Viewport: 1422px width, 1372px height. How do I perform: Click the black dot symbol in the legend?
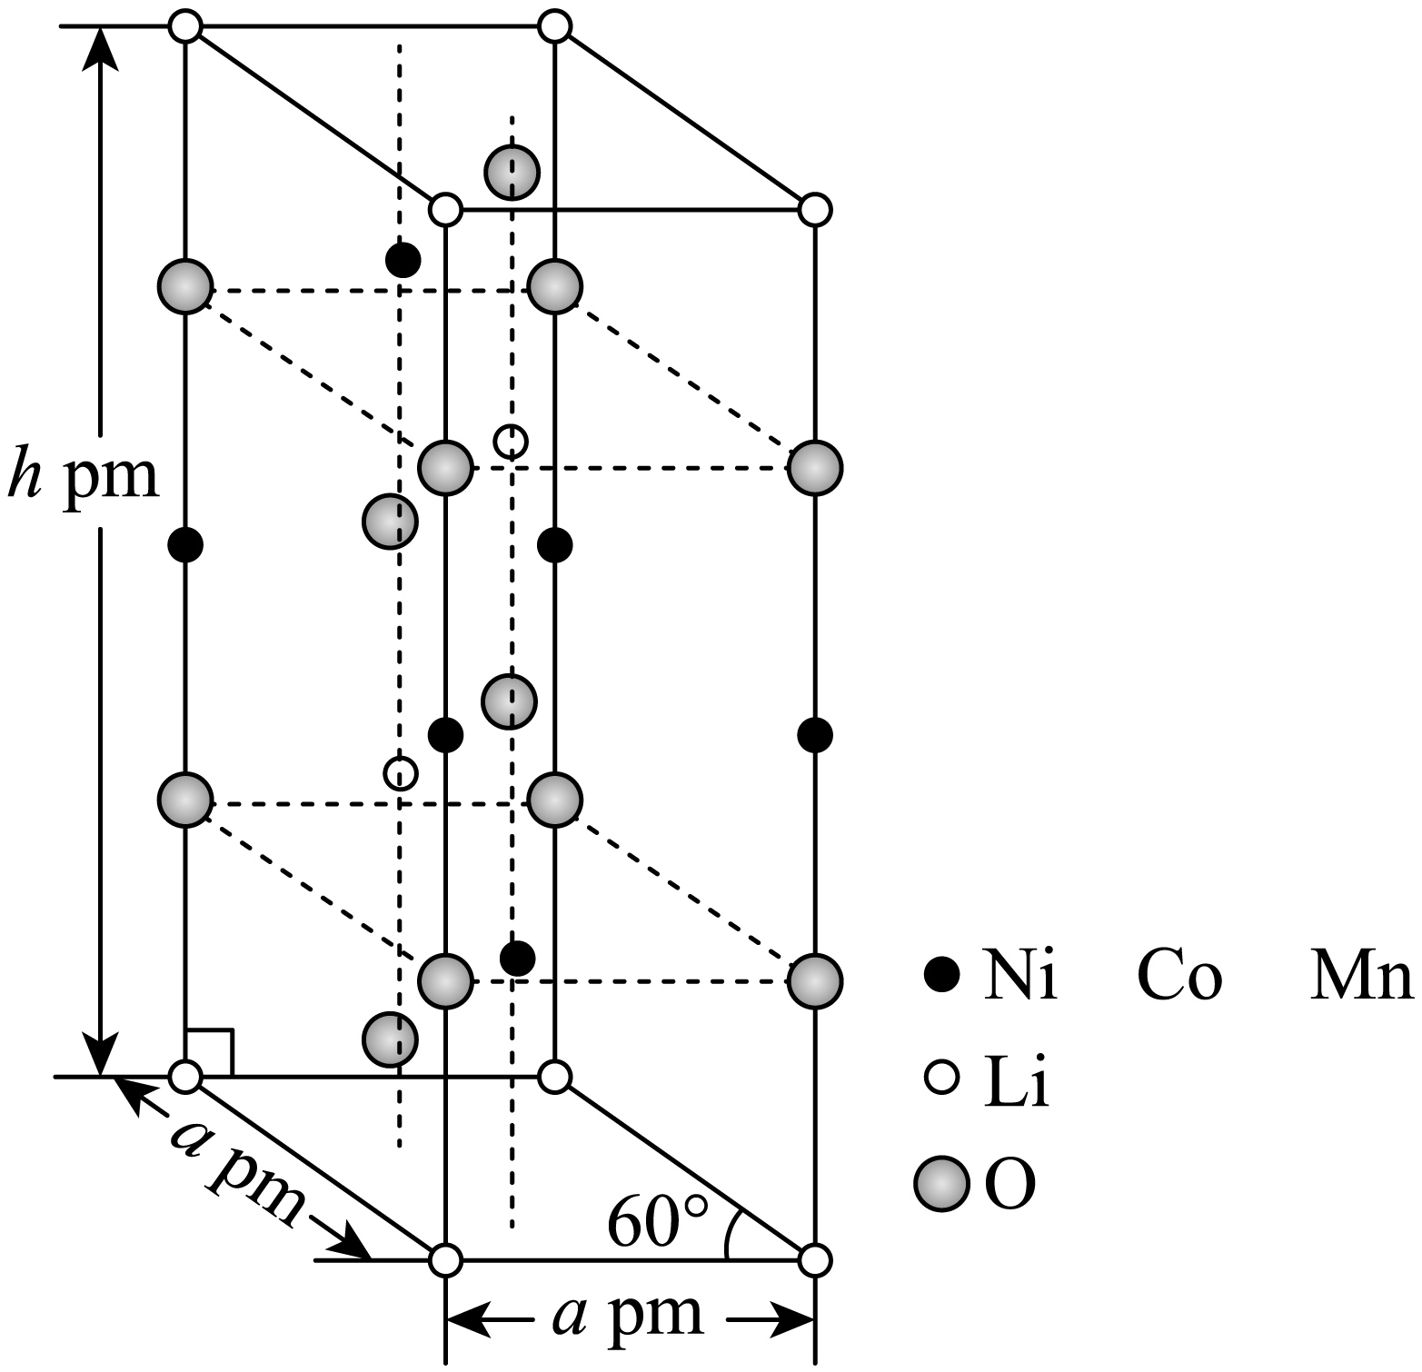(942, 977)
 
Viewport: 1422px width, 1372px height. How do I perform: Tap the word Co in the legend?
(1178, 978)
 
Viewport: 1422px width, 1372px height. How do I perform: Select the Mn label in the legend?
(1360, 978)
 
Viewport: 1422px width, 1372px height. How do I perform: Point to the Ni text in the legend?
(1020, 978)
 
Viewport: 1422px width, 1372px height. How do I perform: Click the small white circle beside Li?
(942, 1078)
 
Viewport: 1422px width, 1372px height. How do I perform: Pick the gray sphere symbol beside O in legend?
(942, 1184)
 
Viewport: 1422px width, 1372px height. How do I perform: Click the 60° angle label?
(656, 1222)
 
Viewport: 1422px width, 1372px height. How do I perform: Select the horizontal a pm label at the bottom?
(628, 1314)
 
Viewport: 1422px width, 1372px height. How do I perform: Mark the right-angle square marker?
(210, 1052)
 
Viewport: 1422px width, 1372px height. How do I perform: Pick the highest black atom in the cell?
(403, 261)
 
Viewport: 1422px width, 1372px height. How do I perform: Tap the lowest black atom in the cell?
(518, 957)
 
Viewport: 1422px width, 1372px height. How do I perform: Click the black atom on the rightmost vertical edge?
(815, 734)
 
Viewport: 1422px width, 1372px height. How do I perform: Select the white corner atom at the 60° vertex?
(815, 1259)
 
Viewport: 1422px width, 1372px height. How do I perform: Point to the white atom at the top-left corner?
(185, 26)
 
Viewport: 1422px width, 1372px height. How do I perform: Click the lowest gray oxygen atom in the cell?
(390, 1039)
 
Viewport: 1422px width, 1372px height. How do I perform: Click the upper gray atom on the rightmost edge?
(815, 468)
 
